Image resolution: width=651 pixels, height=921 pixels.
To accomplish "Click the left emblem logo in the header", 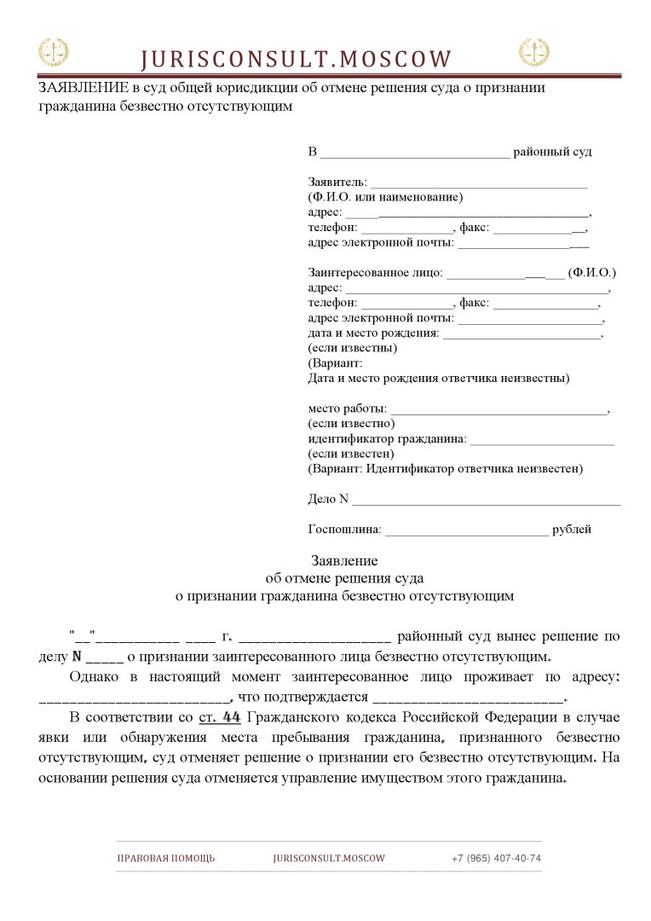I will pyautogui.click(x=53, y=53).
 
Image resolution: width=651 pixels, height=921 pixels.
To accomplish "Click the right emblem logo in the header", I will pyautogui.click(x=534, y=53).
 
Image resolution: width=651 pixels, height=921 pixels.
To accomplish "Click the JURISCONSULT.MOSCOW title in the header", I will pyautogui.click(x=296, y=59).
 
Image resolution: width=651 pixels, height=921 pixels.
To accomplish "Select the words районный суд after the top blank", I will pyautogui.click(x=552, y=152).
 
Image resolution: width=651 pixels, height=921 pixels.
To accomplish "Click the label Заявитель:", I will pyautogui.click(x=337, y=182).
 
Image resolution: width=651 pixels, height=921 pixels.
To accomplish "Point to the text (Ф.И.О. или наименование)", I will pyautogui.click(x=385, y=197).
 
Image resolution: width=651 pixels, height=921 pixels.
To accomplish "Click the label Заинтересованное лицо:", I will pyautogui.click(x=375, y=273).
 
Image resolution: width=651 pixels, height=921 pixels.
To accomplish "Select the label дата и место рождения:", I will pyautogui.click(x=373, y=333).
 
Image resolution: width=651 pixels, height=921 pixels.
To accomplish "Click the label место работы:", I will pyautogui.click(x=347, y=408).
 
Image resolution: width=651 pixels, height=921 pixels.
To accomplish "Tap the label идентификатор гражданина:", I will pyautogui.click(x=387, y=438).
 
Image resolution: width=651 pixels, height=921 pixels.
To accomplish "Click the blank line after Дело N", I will pyautogui.click(x=486, y=499).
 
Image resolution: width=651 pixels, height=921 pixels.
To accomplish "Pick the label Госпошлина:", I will pyautogui.click(x=344, y=530).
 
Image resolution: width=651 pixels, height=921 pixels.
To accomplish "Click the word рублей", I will pyautogui.click(x=572, y=530).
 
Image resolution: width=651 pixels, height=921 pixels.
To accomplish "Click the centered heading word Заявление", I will pyautogui.click(x=344, y=560).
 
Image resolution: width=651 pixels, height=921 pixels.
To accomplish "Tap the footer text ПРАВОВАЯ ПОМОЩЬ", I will pyautogui.click(x=166, y=858).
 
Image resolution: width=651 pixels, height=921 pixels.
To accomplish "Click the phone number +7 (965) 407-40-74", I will pyautogui.click(x=496, y=858).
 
